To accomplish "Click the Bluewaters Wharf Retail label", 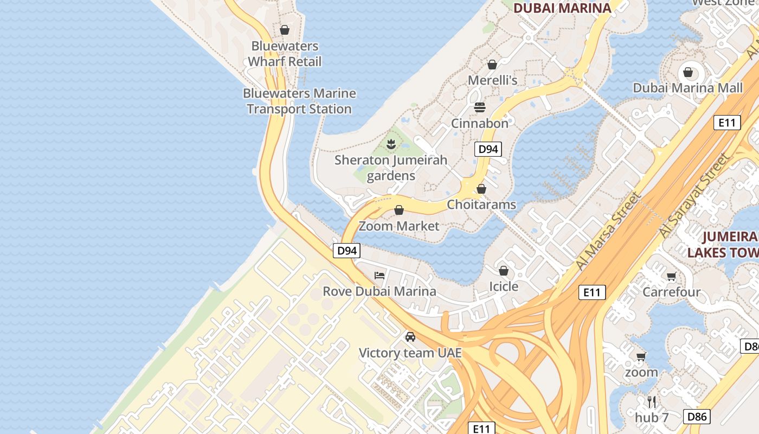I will (285, 54).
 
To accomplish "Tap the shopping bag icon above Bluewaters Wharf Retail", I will (285, 30).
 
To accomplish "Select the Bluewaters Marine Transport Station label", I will (299, 101).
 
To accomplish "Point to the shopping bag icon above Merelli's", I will (492, 65).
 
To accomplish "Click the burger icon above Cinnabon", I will (480, 107).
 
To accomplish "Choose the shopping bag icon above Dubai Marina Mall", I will (688, 72).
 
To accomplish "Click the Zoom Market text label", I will (399, 226).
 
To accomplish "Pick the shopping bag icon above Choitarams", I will (481, 189).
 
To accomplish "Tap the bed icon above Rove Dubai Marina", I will (379, 276).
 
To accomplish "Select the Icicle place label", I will (504, 286).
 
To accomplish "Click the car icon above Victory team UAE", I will (410, 337).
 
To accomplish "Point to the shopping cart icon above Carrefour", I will (672, 277).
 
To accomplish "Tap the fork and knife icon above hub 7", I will (652, 402).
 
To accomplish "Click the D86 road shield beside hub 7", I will (696, 417).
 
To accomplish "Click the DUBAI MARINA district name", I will (562, 8).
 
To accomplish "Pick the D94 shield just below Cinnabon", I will (488, 149).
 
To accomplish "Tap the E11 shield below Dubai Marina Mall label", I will (726, 123).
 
